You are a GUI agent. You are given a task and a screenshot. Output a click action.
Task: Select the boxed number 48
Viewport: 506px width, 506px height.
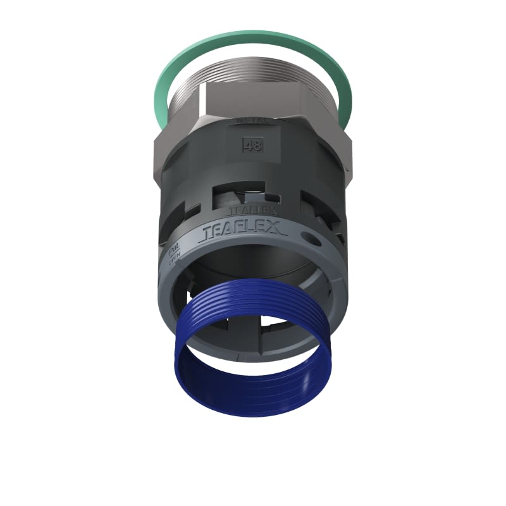pyautogui.click(x=252, y=145)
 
